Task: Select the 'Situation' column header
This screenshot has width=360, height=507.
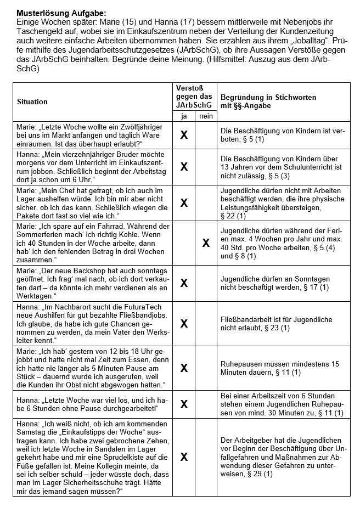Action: tap(32, 102)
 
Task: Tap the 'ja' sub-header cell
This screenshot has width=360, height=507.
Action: tap(184, 116)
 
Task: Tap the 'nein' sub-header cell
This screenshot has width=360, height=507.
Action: tap(206, 116)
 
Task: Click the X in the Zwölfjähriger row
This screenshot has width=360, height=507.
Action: tap(184, 135)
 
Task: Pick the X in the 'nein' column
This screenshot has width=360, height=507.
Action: tap(206, 243)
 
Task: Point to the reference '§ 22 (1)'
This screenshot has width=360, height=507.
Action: tap(233, 216)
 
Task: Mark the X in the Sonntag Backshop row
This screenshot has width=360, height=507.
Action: tap(184, 283)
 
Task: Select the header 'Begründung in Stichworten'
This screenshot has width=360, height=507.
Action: tap(268, 97)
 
